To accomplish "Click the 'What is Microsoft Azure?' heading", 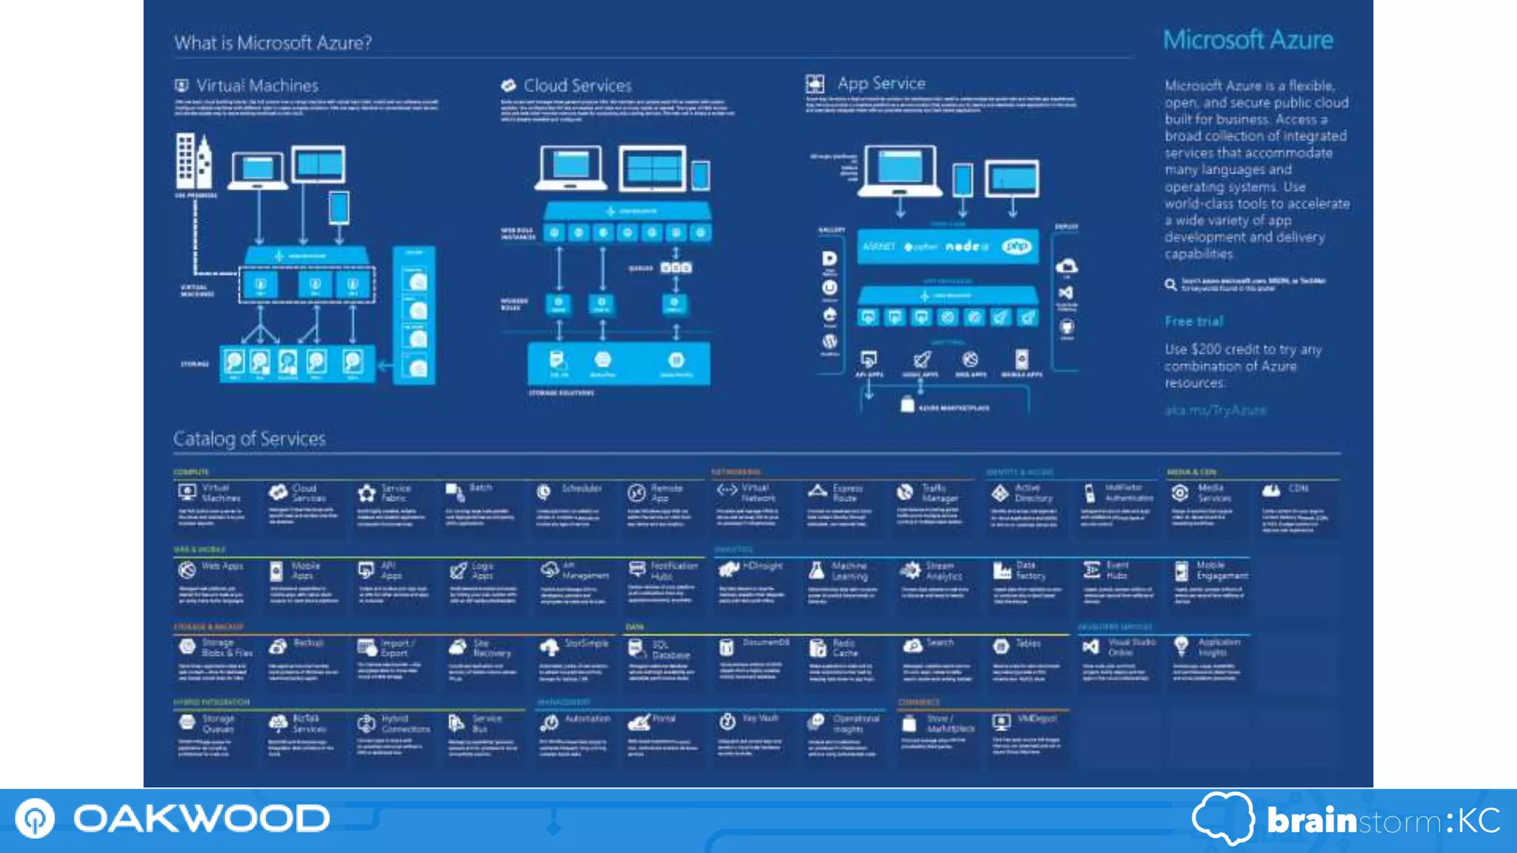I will click(273, 43).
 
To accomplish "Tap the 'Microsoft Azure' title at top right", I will click(1247, 40).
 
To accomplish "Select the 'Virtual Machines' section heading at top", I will click(257, 86).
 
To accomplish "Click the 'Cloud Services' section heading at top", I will click(577, 86).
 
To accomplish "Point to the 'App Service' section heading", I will click(881, 84).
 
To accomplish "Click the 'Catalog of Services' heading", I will click(250, 439).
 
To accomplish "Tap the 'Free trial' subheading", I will click(1193, 321).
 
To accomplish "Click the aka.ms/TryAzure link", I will click(1215, 410).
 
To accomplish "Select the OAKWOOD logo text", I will click(201, 819).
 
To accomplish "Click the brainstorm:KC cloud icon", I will click(1223, 818).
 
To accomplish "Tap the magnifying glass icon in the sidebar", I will click(1170, 284).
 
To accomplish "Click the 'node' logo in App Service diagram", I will click(966, 247).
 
